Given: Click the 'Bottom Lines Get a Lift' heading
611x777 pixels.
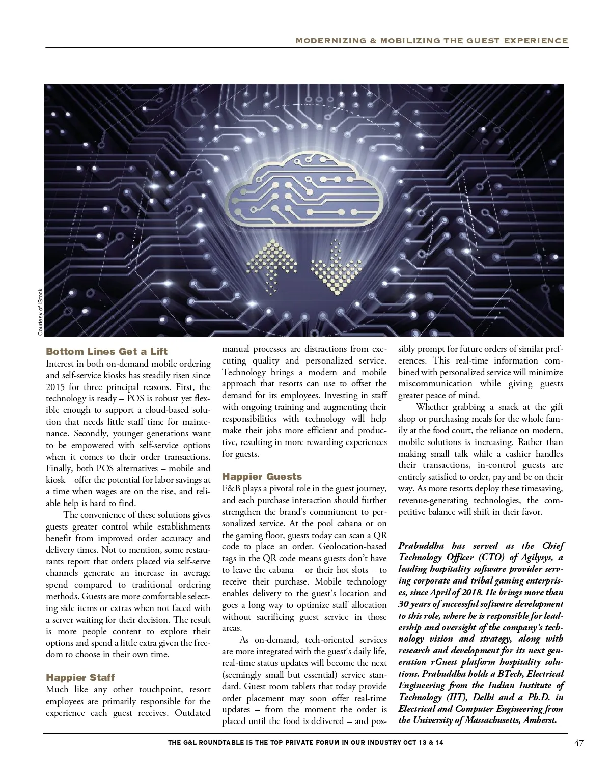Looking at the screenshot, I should [106, 352].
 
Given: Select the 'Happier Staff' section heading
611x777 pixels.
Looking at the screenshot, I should [80, 677].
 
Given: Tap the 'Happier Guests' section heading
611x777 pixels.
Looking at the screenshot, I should [262, 477].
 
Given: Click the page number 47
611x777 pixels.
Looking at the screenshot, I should [578, 743].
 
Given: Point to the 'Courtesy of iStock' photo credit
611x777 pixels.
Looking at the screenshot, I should [41, 312].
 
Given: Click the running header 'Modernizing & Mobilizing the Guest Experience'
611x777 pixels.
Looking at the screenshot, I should [432, 41].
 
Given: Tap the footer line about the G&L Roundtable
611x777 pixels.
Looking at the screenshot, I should [305, 743].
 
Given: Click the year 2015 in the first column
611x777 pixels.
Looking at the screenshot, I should [55, 387].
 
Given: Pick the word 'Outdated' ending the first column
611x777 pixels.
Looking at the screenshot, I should [192, 713].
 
